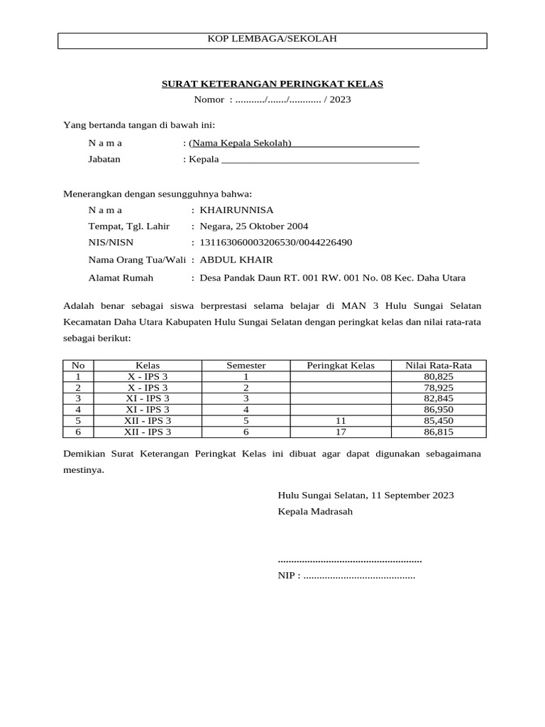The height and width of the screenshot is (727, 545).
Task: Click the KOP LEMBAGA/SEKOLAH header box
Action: (272, 40)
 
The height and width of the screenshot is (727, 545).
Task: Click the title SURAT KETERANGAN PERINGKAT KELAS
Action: (272, 84)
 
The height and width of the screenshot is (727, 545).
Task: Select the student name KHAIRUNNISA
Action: (236, 210)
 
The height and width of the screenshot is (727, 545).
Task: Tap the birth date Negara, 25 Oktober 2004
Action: (254, 226)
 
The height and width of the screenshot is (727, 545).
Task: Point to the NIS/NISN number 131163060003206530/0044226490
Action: (276, 243)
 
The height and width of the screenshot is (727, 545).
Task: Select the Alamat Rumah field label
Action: (121, 278)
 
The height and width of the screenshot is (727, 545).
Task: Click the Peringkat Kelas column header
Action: (340, 366)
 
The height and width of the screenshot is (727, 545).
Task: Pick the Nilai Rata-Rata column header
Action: (438, 366)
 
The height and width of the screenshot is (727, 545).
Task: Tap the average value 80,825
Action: (438, 377)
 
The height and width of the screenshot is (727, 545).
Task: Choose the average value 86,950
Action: (438, 410)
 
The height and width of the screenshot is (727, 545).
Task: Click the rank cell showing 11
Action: (340, 420)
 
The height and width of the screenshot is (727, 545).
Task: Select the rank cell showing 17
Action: (340, 432)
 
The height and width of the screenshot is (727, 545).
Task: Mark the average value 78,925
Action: (438, 388)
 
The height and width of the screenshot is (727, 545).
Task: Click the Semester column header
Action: (246, 366)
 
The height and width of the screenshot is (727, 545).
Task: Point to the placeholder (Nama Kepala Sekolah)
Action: (240, 143)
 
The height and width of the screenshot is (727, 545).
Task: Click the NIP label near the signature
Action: (288, 576)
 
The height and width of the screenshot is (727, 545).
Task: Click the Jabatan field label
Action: (104, 159)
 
